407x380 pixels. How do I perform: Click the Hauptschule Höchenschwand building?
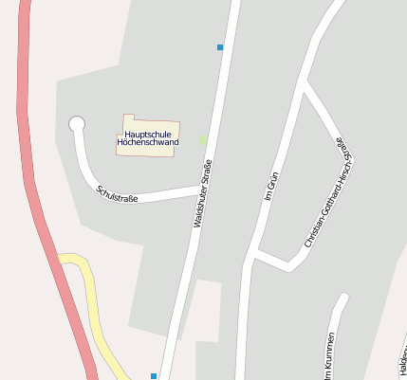click(x=149, y=136)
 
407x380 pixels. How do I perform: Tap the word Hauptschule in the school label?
click(x=148, y=135)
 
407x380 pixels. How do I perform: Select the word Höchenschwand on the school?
click(x=148, y=143)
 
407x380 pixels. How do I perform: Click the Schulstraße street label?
click(x=118, y=194)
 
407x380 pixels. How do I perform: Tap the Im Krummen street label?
click(x=328, y=358)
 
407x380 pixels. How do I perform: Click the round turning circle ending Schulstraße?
click(x=77, y=124)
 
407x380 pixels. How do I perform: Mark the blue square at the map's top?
click(x=220, y=46)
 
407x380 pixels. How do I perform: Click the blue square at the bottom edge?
click(x=153, y=376)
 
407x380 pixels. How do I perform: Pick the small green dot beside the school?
click(x=202, y=140)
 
